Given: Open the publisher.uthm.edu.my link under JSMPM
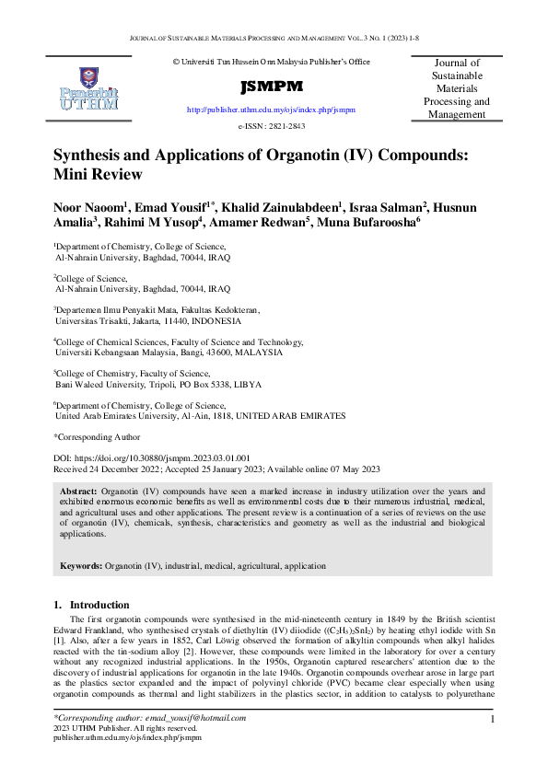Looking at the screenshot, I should pos(271,109).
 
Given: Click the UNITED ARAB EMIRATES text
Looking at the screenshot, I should pos(291,415).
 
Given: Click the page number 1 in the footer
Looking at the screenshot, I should pos(494,718).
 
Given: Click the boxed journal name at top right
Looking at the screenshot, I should pos(455,88).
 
